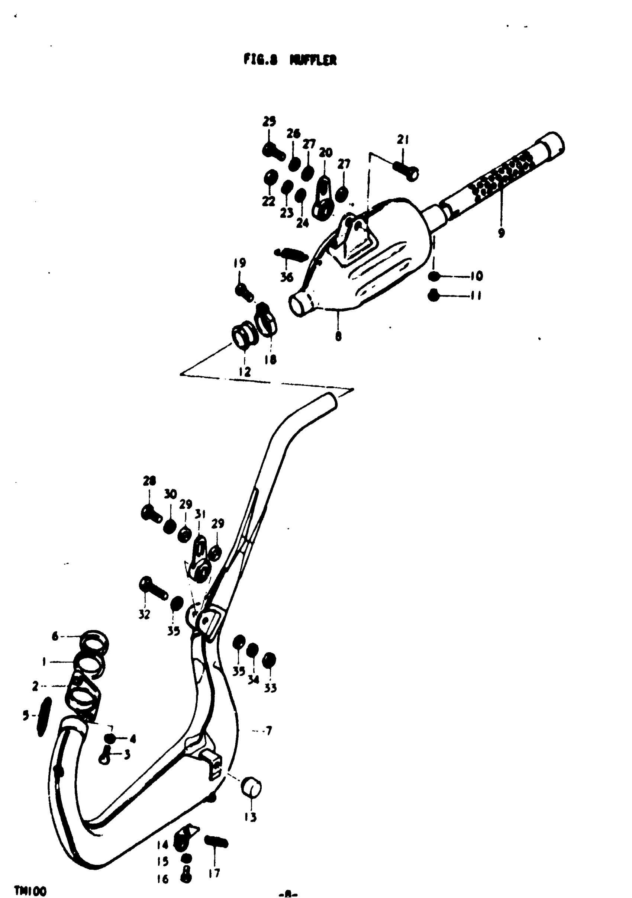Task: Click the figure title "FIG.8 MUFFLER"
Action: click(x=290, y=60)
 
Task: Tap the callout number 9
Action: click(x=501, y=233)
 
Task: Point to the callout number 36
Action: click(x=287, y=277)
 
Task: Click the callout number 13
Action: click(x=250, y=817)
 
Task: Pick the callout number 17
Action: click(x=214, y=873)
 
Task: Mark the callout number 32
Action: click(x=144, y=614)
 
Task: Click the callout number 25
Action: click(x=269, y=122)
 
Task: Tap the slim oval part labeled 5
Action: click(x=44, y=717)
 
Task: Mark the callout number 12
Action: click(x=245, y=371)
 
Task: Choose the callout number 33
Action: click(x=270, y=688)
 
